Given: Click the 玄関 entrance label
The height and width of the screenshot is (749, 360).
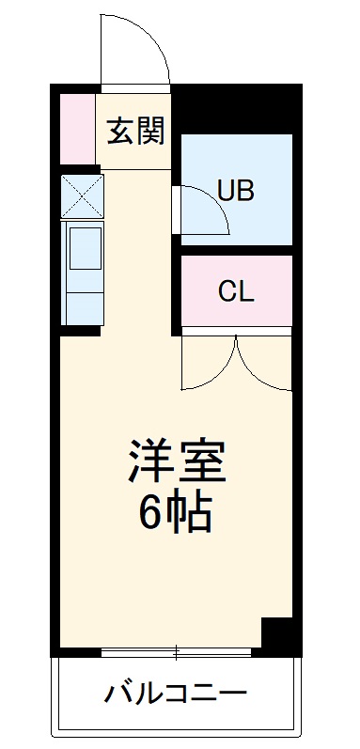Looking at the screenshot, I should coord(135,133).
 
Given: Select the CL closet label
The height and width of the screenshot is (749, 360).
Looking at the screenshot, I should coord(236,291).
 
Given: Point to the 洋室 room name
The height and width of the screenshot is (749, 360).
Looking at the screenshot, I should coord(177,462).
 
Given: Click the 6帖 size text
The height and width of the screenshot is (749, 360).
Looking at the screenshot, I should coord(176,512).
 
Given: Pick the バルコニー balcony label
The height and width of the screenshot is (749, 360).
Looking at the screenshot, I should coord(176,697).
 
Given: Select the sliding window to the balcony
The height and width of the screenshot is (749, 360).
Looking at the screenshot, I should coord(178,649).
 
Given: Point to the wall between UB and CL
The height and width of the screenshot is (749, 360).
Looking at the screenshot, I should coord(235,248).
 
